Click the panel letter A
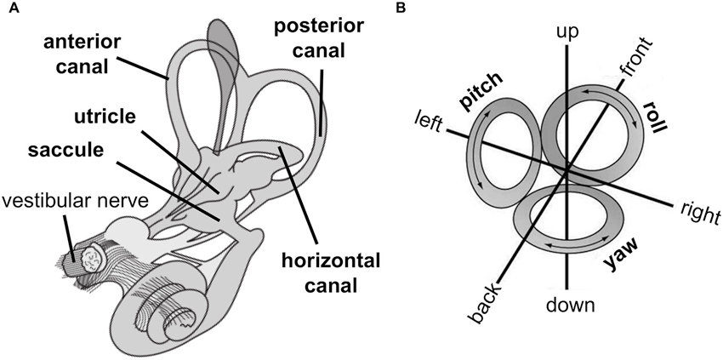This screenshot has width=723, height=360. click(8, 8)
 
